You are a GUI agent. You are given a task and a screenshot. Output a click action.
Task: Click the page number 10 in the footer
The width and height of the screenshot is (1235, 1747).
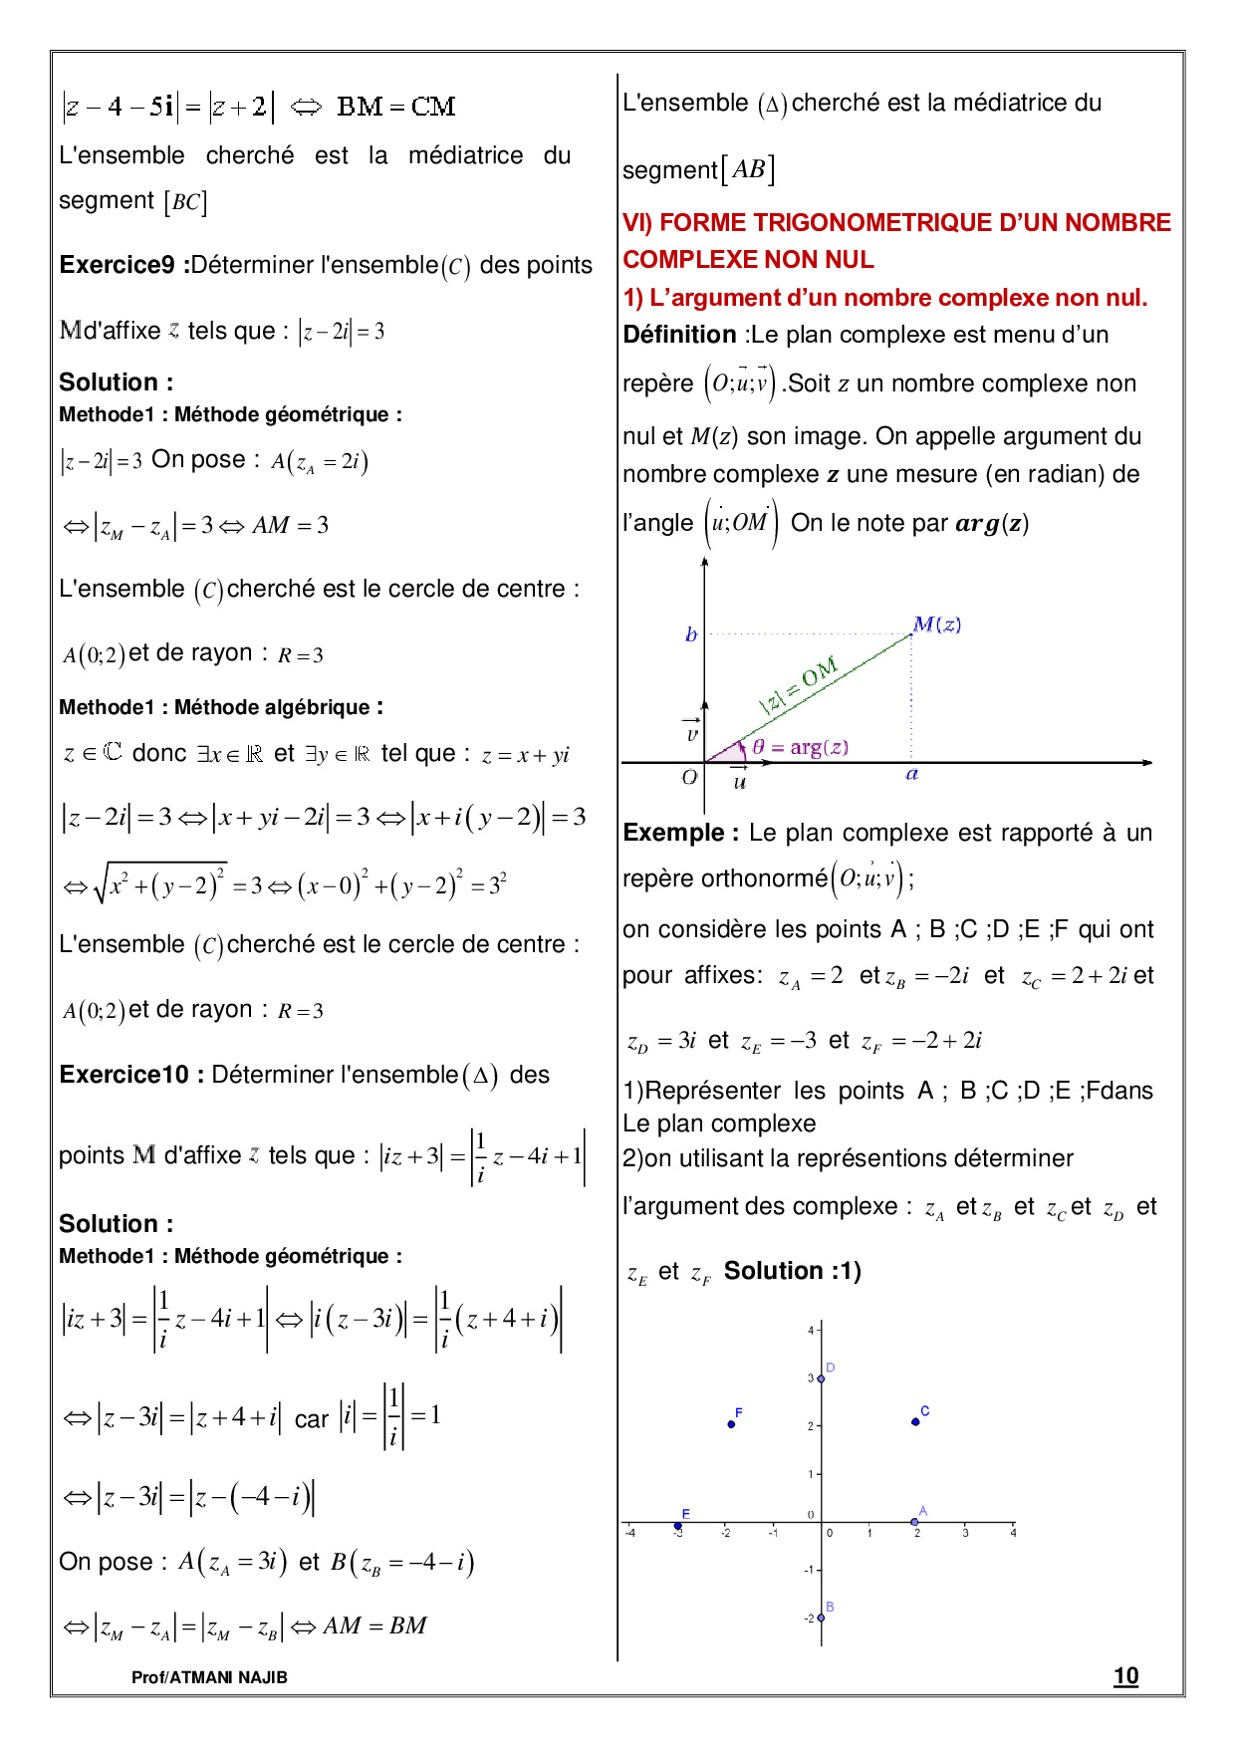click(1125, 1676)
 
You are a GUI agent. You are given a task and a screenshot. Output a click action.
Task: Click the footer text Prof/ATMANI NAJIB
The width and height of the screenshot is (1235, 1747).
click(209, 1677)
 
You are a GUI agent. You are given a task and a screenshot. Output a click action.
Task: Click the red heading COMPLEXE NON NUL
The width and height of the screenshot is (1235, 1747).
click(748, 259)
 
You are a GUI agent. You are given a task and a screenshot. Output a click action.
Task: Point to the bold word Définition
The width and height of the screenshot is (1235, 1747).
click(679, 335)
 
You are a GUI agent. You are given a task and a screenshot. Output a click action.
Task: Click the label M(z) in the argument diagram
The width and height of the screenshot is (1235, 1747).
click(936, 624)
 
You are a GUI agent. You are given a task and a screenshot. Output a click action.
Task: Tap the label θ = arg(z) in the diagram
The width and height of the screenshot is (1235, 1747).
click(800, 747)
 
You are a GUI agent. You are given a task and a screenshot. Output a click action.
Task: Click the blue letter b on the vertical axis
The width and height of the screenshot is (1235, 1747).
click(691, 634)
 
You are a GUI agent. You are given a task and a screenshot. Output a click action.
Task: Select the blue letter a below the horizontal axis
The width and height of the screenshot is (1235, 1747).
click(911, 774)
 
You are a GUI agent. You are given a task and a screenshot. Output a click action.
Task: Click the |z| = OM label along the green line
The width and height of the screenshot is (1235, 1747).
click(799, 685)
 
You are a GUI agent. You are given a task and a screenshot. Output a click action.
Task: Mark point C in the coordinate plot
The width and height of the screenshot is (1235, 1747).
click(915, 1421)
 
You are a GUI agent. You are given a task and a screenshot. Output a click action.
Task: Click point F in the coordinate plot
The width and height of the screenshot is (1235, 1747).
click(731, 1424)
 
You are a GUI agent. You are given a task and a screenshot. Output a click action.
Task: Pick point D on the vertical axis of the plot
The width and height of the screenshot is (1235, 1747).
click(821, 1378)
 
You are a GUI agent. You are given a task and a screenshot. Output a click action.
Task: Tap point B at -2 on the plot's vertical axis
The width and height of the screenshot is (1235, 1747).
click(821, 1618)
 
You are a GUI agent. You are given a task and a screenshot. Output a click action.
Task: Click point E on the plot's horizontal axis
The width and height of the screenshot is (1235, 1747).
click(678, 1525)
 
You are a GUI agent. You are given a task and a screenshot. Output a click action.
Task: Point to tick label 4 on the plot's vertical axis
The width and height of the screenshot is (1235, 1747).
click(811, 1331)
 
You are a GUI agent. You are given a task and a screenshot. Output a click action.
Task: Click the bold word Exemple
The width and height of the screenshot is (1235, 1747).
click(680, 833)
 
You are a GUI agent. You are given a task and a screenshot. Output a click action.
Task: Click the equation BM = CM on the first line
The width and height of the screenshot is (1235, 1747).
click(395, 107)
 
